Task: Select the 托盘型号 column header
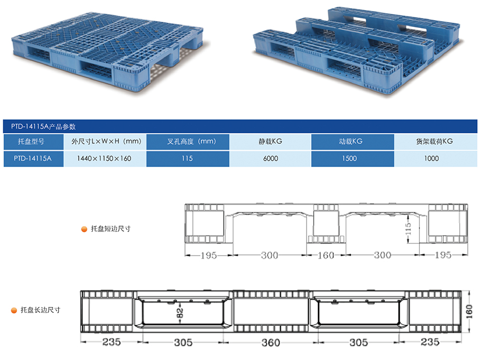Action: coord(33,142)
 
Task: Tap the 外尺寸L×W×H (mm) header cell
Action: coord(104,142)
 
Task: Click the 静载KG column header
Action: coord(270,142)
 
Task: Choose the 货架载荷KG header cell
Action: coord(434,142)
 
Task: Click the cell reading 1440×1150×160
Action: coord(104,158)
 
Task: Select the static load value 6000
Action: coord(270,158)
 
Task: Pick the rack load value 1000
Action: coord(434,158)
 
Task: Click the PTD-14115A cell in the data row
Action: coord(33,158)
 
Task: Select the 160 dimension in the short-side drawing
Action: coord(326,255)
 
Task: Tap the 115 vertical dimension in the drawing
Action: coord(408,229)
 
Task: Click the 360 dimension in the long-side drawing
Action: coord(270,343)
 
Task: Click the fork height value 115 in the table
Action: coord(187,158)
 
